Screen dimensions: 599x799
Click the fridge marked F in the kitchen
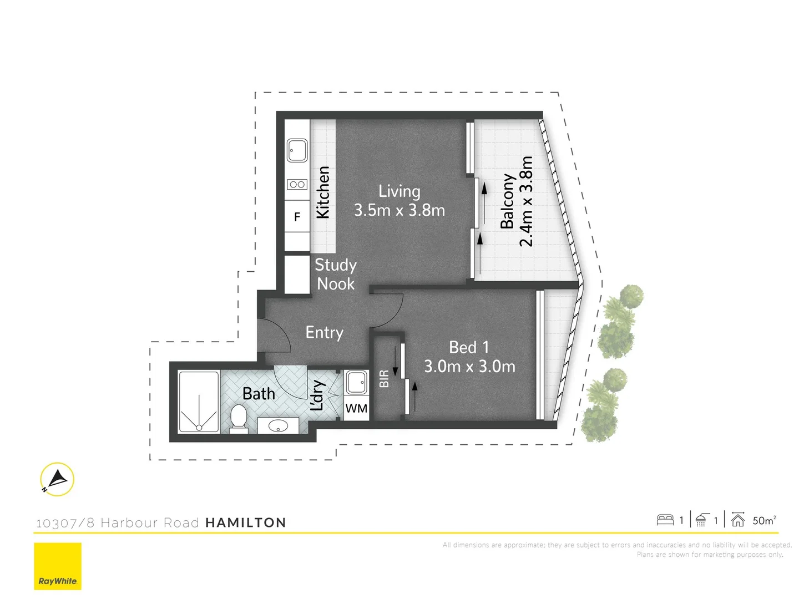pos(297,217)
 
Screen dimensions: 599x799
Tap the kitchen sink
pos(297,150)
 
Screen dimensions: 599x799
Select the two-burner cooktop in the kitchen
pos(297,184)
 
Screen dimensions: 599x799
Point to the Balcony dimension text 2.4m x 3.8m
pos(526,201)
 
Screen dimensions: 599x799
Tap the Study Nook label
pos(335,275)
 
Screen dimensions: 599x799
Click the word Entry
pos(325,332)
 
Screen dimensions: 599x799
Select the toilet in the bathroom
pos(239,417)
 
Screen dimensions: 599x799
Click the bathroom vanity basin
pos(278,426)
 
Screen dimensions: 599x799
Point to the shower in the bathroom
pos(199,402)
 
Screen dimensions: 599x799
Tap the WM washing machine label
pos(356,409)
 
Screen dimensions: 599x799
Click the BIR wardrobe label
pos(384,379)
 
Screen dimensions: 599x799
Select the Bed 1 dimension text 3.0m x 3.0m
pos(469,367)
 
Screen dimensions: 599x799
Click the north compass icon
pos(57,479)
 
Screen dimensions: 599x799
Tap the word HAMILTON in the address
pos(246,522)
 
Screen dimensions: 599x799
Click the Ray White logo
pos(58,566)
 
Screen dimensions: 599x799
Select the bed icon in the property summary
pos(665,520)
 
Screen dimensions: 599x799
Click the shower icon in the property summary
pos(702,520)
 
